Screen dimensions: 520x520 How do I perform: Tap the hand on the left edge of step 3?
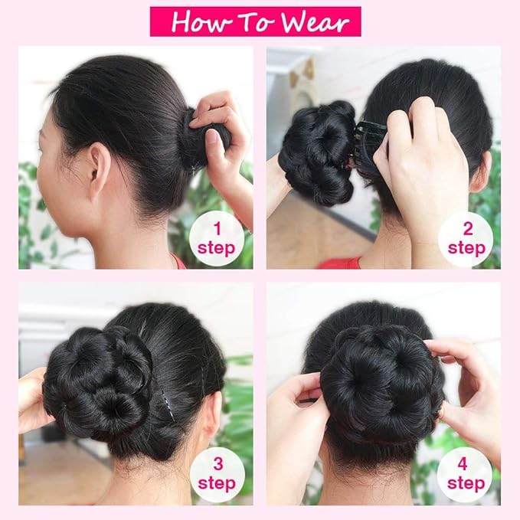31,398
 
